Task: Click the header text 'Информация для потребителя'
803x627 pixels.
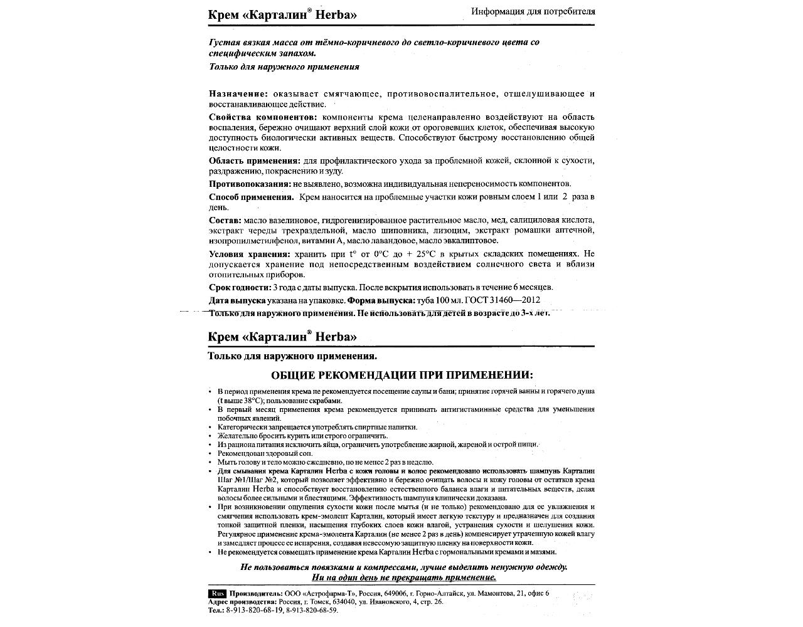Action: pyautogui.click(x=533, y=11)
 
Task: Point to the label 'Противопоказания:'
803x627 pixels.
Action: pyautogui.click(x=248, y=184)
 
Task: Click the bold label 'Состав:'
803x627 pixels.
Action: pyautogui.click(x=225, y=220)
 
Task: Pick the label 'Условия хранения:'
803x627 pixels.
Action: pyautogui.click(x=249, y=254)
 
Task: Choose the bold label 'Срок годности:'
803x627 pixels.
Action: pyautogui.click(x=240, y=287)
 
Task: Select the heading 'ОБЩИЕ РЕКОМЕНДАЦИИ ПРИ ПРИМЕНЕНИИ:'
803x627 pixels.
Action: pyautogui.click(x=401, y=375)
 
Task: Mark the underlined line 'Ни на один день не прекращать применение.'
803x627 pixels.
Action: pyautogui.click(x=403, y=577)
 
